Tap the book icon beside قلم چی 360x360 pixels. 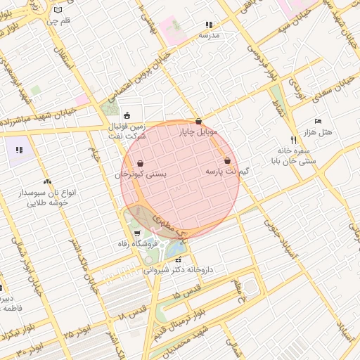(58, 10)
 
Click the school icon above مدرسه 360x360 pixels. (208, 24)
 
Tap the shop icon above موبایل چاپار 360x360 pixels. (199, 121)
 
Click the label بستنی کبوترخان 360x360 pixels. (141, 174)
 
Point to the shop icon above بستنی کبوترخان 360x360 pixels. (141, 163)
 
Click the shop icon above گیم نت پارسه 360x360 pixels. (227, 161)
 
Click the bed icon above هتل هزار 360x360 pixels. (318, 122)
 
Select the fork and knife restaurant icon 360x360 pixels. (294, 140)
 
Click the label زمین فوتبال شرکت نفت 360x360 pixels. (127, 131)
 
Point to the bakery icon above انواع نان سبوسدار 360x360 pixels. (47, 182)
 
